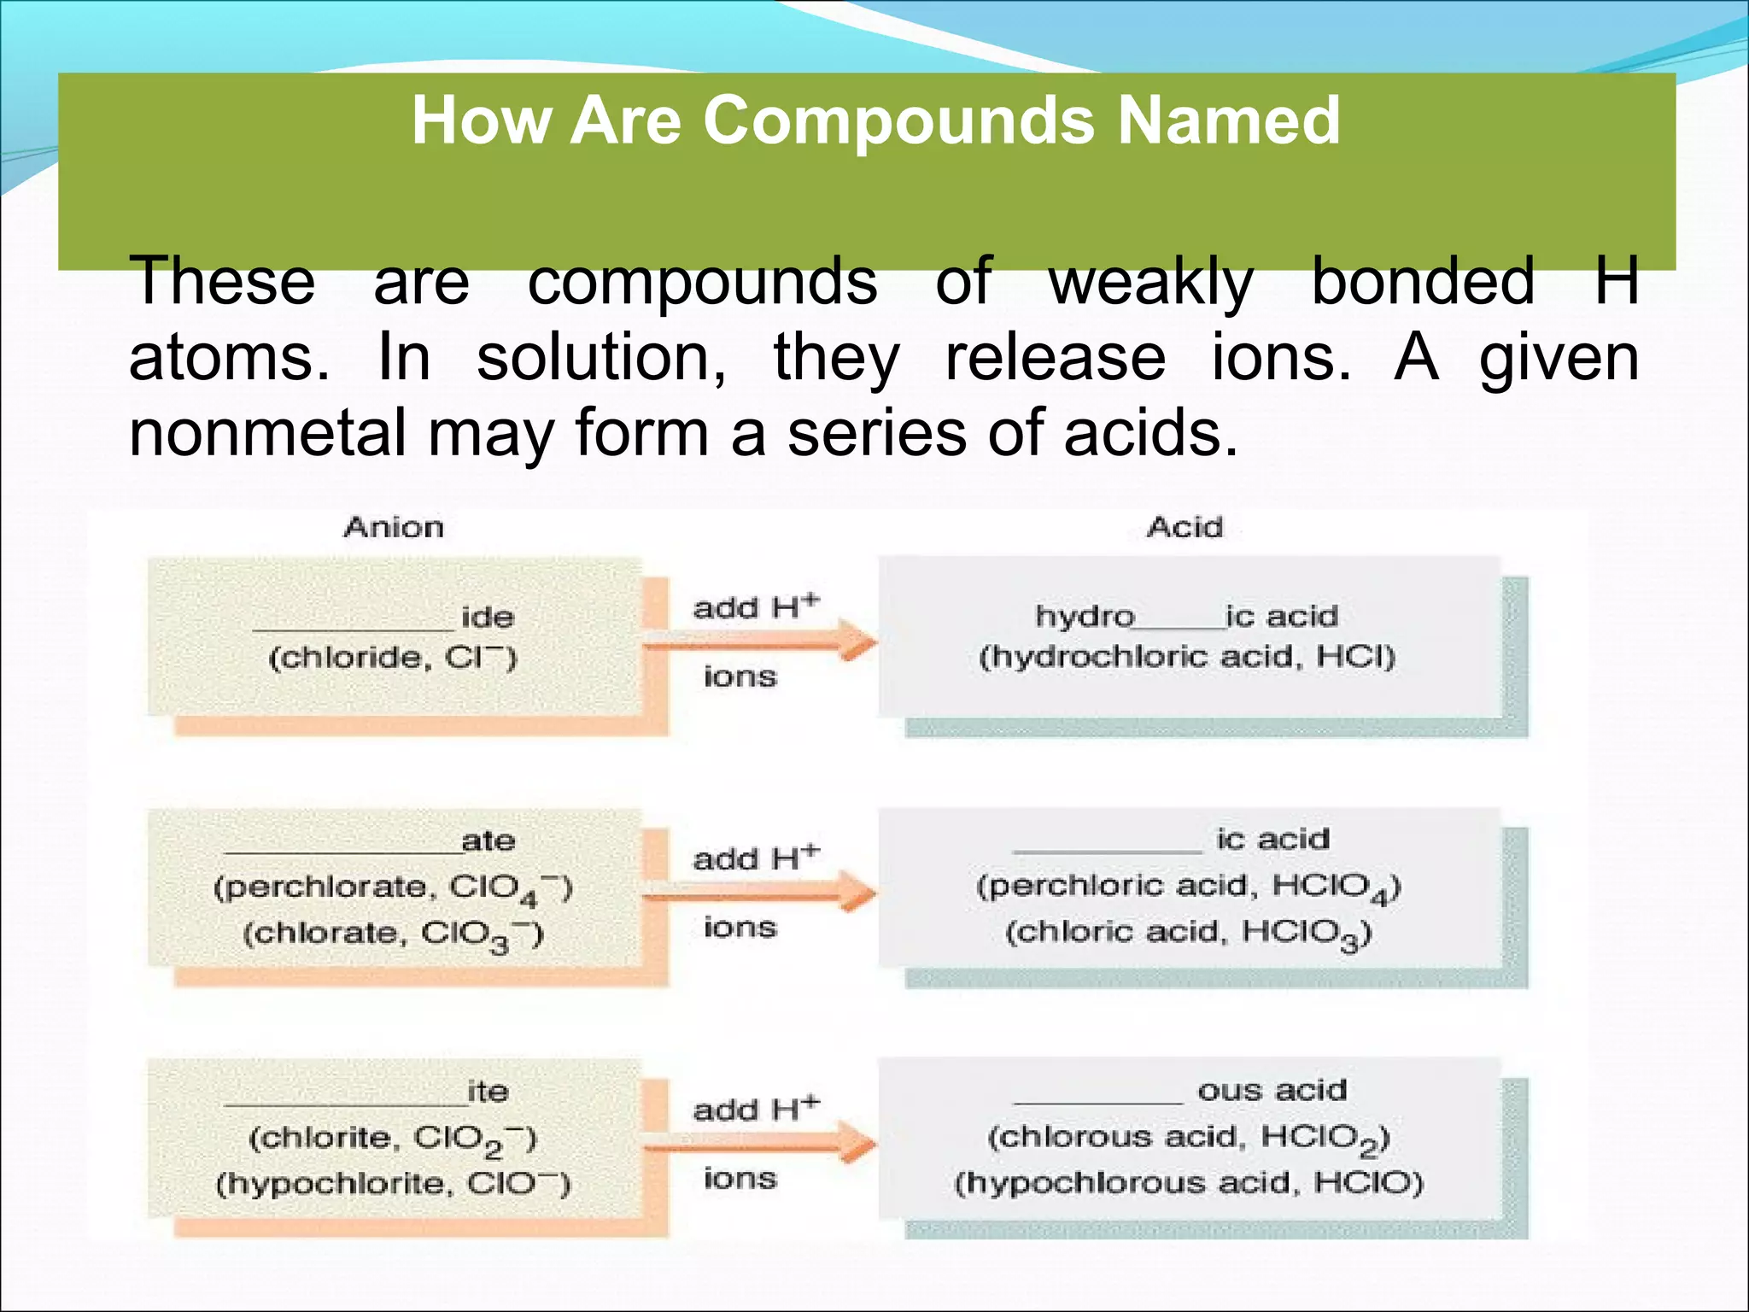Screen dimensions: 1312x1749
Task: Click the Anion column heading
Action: coord(394,528)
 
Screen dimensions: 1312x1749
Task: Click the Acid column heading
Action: coord(1185,528)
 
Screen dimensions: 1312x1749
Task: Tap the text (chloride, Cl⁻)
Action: coord(393,659)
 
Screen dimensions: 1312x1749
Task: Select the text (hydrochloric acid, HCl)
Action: coord(1187,657)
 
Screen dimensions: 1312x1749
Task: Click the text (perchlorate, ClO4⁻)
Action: coord(393,889)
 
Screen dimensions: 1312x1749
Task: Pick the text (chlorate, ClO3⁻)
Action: coord(393,934)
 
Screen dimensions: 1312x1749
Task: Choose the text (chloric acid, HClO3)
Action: coord(1188,933)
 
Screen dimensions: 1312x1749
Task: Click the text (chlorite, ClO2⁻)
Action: coord(393,1139)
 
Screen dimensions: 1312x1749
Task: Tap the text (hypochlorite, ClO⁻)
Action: coord(393,1184)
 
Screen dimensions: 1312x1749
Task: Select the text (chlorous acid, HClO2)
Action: coord(1189,1139)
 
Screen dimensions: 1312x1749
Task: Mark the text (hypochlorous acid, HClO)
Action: coord(1189,1183)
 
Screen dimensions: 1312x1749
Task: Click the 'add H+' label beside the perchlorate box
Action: coord(756,858)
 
